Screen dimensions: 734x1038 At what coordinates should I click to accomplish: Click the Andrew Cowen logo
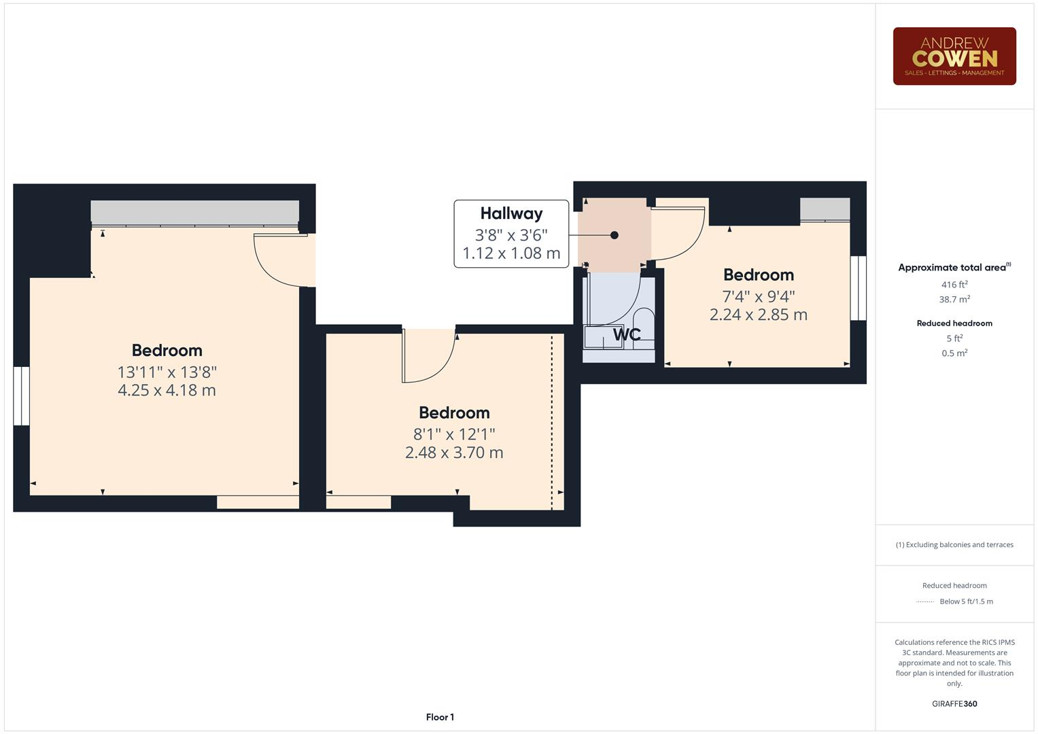(954, 56)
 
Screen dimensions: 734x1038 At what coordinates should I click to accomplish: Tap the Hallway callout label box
(511, 234)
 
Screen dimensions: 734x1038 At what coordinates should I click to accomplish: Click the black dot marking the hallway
(615, 235)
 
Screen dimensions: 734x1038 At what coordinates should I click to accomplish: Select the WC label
(627, 334)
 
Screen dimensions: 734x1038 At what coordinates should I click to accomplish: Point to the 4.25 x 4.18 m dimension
(167, 390)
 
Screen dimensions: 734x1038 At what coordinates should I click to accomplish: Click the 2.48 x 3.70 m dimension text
(454, 453)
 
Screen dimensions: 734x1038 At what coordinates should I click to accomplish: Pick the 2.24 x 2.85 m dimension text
(758, 315)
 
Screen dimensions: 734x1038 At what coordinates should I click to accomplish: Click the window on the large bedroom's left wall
(22, 396)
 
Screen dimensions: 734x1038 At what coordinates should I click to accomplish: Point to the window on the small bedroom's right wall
(859, 287)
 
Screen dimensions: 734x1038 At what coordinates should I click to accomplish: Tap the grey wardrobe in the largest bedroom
(195, 212)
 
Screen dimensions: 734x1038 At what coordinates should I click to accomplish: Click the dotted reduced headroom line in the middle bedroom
(552, 421)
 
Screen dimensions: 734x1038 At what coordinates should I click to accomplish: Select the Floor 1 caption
(440, 717)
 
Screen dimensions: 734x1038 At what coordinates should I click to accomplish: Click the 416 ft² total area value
(954, 285)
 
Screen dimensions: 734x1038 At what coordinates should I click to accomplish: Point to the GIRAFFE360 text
(954, 703)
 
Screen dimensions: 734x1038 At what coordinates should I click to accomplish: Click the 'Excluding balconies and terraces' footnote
(954, 544)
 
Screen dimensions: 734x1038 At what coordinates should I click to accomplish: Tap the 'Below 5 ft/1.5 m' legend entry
(965, 601)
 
